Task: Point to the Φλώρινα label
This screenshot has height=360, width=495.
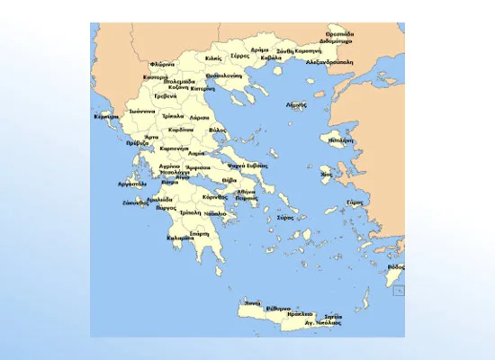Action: click(x=162, y=64)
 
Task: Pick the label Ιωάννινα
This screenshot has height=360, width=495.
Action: click(x=143, y=112)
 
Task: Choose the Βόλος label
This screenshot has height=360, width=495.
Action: click(x=217, y=130)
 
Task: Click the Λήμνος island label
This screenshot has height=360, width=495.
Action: click(x=296, y=104)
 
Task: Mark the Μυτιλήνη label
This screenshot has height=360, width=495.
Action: click(x=341, y=141)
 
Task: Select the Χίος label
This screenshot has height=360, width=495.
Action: click(x=326, y=174)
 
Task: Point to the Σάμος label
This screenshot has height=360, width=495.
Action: click(x=354, y=202)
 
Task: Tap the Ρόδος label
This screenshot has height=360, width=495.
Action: click(x=395, y=267)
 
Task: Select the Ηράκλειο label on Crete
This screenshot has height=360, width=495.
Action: click(x=300, y=315)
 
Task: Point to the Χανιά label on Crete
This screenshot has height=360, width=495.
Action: click(x=253, y=302)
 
